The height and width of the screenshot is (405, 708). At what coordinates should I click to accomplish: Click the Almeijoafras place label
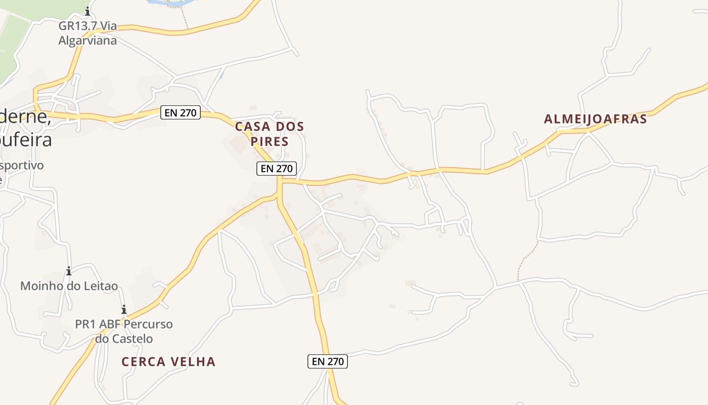[x=595, y=119]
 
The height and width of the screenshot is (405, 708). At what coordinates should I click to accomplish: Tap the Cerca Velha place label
[x=168, y=361]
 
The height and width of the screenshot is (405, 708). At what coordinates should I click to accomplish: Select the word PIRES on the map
[x=270, y=141]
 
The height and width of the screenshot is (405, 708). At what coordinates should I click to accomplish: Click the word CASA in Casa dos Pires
[x=252, y=127]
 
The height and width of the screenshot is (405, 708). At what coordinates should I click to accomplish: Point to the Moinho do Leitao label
[x=69, y=286]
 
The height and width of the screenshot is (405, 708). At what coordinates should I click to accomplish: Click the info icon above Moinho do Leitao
[x=69, y=271]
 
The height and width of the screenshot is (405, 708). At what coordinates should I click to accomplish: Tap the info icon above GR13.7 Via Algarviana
[x=87, y=11]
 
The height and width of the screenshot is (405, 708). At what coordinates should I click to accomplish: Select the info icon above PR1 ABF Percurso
[x=123, y=309]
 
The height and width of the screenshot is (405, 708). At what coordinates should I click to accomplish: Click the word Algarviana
[x=87, y=40]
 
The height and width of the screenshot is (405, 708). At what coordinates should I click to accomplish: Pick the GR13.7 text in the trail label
[x=77, y=26]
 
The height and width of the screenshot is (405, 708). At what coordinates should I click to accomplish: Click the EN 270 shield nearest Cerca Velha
[x=328, y=361]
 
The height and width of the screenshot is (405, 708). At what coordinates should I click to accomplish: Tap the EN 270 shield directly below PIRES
[x=276, y=169]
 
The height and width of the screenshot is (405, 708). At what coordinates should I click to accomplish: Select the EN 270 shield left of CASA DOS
[x=181, y=112]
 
